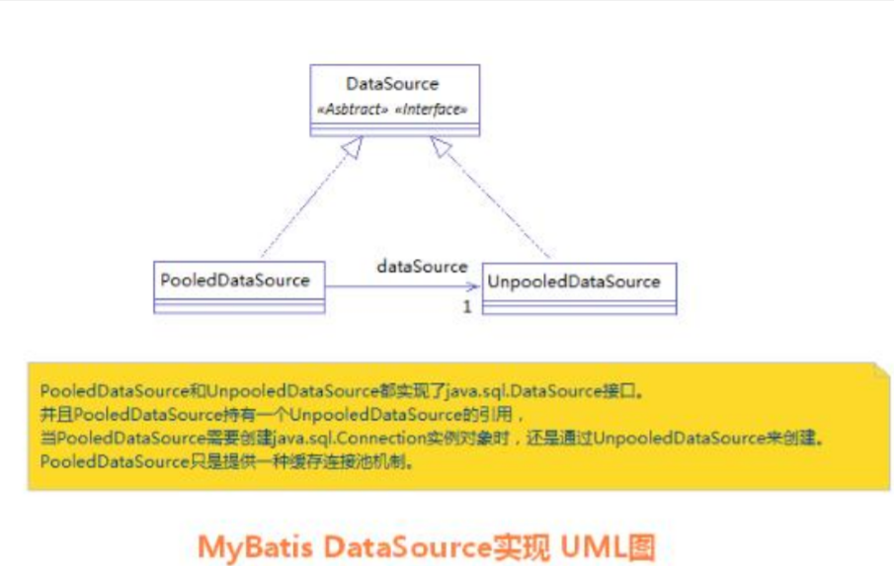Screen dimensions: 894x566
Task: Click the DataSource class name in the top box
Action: coord(392,84)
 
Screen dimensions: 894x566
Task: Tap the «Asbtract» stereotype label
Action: coord(352,110)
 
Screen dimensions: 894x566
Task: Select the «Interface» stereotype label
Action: coord(431,110)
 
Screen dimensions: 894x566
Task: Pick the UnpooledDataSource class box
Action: coord(579,287)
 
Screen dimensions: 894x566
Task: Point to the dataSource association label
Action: coord(422,267)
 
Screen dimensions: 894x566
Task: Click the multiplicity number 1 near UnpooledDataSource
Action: coord(467,306)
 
